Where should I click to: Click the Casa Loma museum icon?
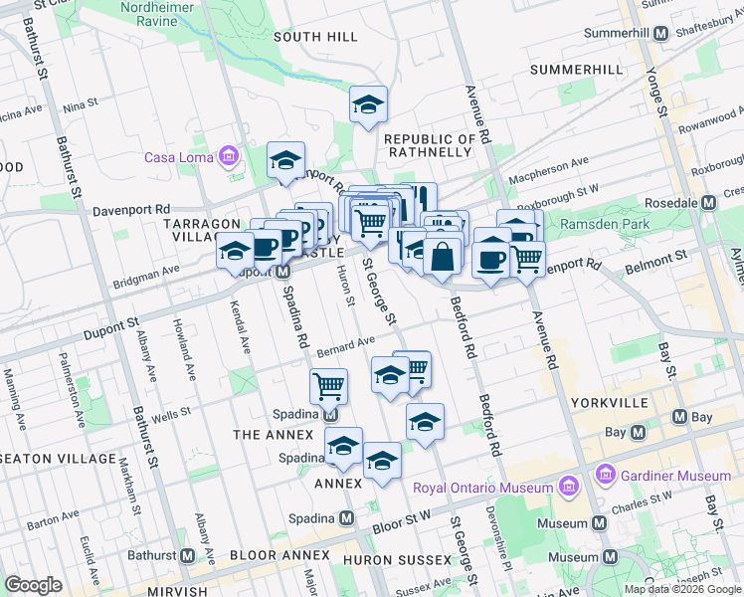(230, 156)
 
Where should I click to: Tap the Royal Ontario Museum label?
(483, 488)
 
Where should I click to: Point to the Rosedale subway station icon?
(708, 202)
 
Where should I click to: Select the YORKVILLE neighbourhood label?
(610, 402)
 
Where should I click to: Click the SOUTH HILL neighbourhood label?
(315, 37)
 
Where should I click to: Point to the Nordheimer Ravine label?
(164, 14)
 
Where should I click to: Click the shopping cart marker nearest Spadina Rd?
(328, 384)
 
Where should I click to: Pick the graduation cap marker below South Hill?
(368, 103)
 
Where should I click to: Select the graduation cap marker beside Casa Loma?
(285, 159)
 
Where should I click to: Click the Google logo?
(33, 585)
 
